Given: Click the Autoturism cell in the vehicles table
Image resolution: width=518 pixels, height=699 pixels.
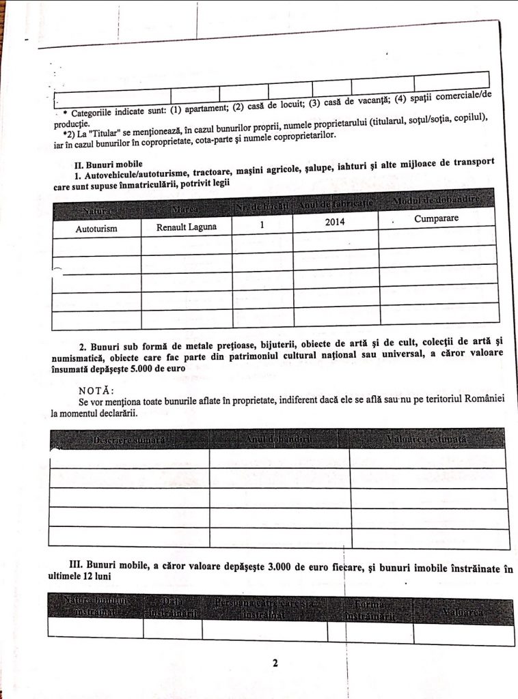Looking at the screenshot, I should click(x=96, y=229).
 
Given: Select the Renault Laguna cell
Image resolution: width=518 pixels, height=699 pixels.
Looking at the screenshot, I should click(x=187, y=227).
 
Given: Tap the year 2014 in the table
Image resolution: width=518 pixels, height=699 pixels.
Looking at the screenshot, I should click(x=335, y=223).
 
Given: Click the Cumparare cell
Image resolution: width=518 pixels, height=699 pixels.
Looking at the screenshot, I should click(x=436, y=219).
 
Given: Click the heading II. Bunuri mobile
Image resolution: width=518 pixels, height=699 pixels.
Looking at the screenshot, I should click(x=109, y=165).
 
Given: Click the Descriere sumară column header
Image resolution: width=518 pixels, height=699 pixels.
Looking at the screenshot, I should click(x=129, y=441).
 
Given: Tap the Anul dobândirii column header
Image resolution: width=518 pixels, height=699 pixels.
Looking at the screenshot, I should click(x=279, y=440).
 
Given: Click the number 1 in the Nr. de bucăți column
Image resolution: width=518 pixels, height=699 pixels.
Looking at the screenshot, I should click(x=262, y=224).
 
